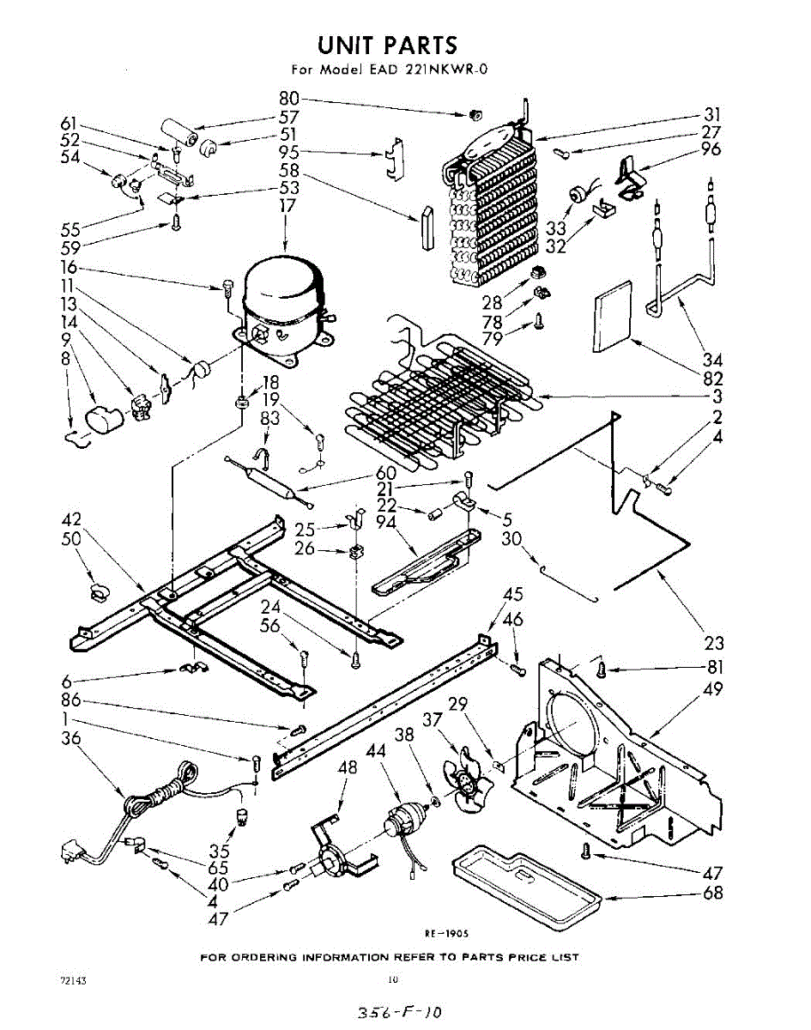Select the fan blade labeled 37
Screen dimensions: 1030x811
coord(464,784)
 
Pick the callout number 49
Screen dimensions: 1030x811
coord(712,689)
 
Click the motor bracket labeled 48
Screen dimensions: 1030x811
coord(330,854)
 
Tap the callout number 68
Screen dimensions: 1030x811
coord(712,894)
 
